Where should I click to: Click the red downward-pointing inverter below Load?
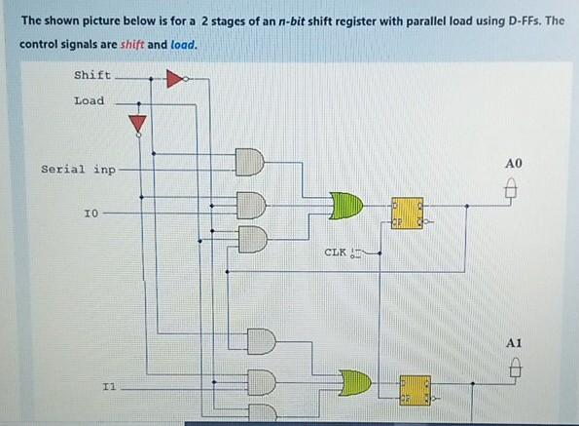(138, 122)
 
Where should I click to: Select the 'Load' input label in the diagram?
(89, 100)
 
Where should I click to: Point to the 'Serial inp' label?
(78, 169)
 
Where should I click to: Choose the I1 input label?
(109, 387)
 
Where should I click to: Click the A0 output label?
(515, 162)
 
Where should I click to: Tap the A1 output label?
(515, 343)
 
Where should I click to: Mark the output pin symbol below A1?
(517, 370)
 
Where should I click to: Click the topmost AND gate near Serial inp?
(249, 162)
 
